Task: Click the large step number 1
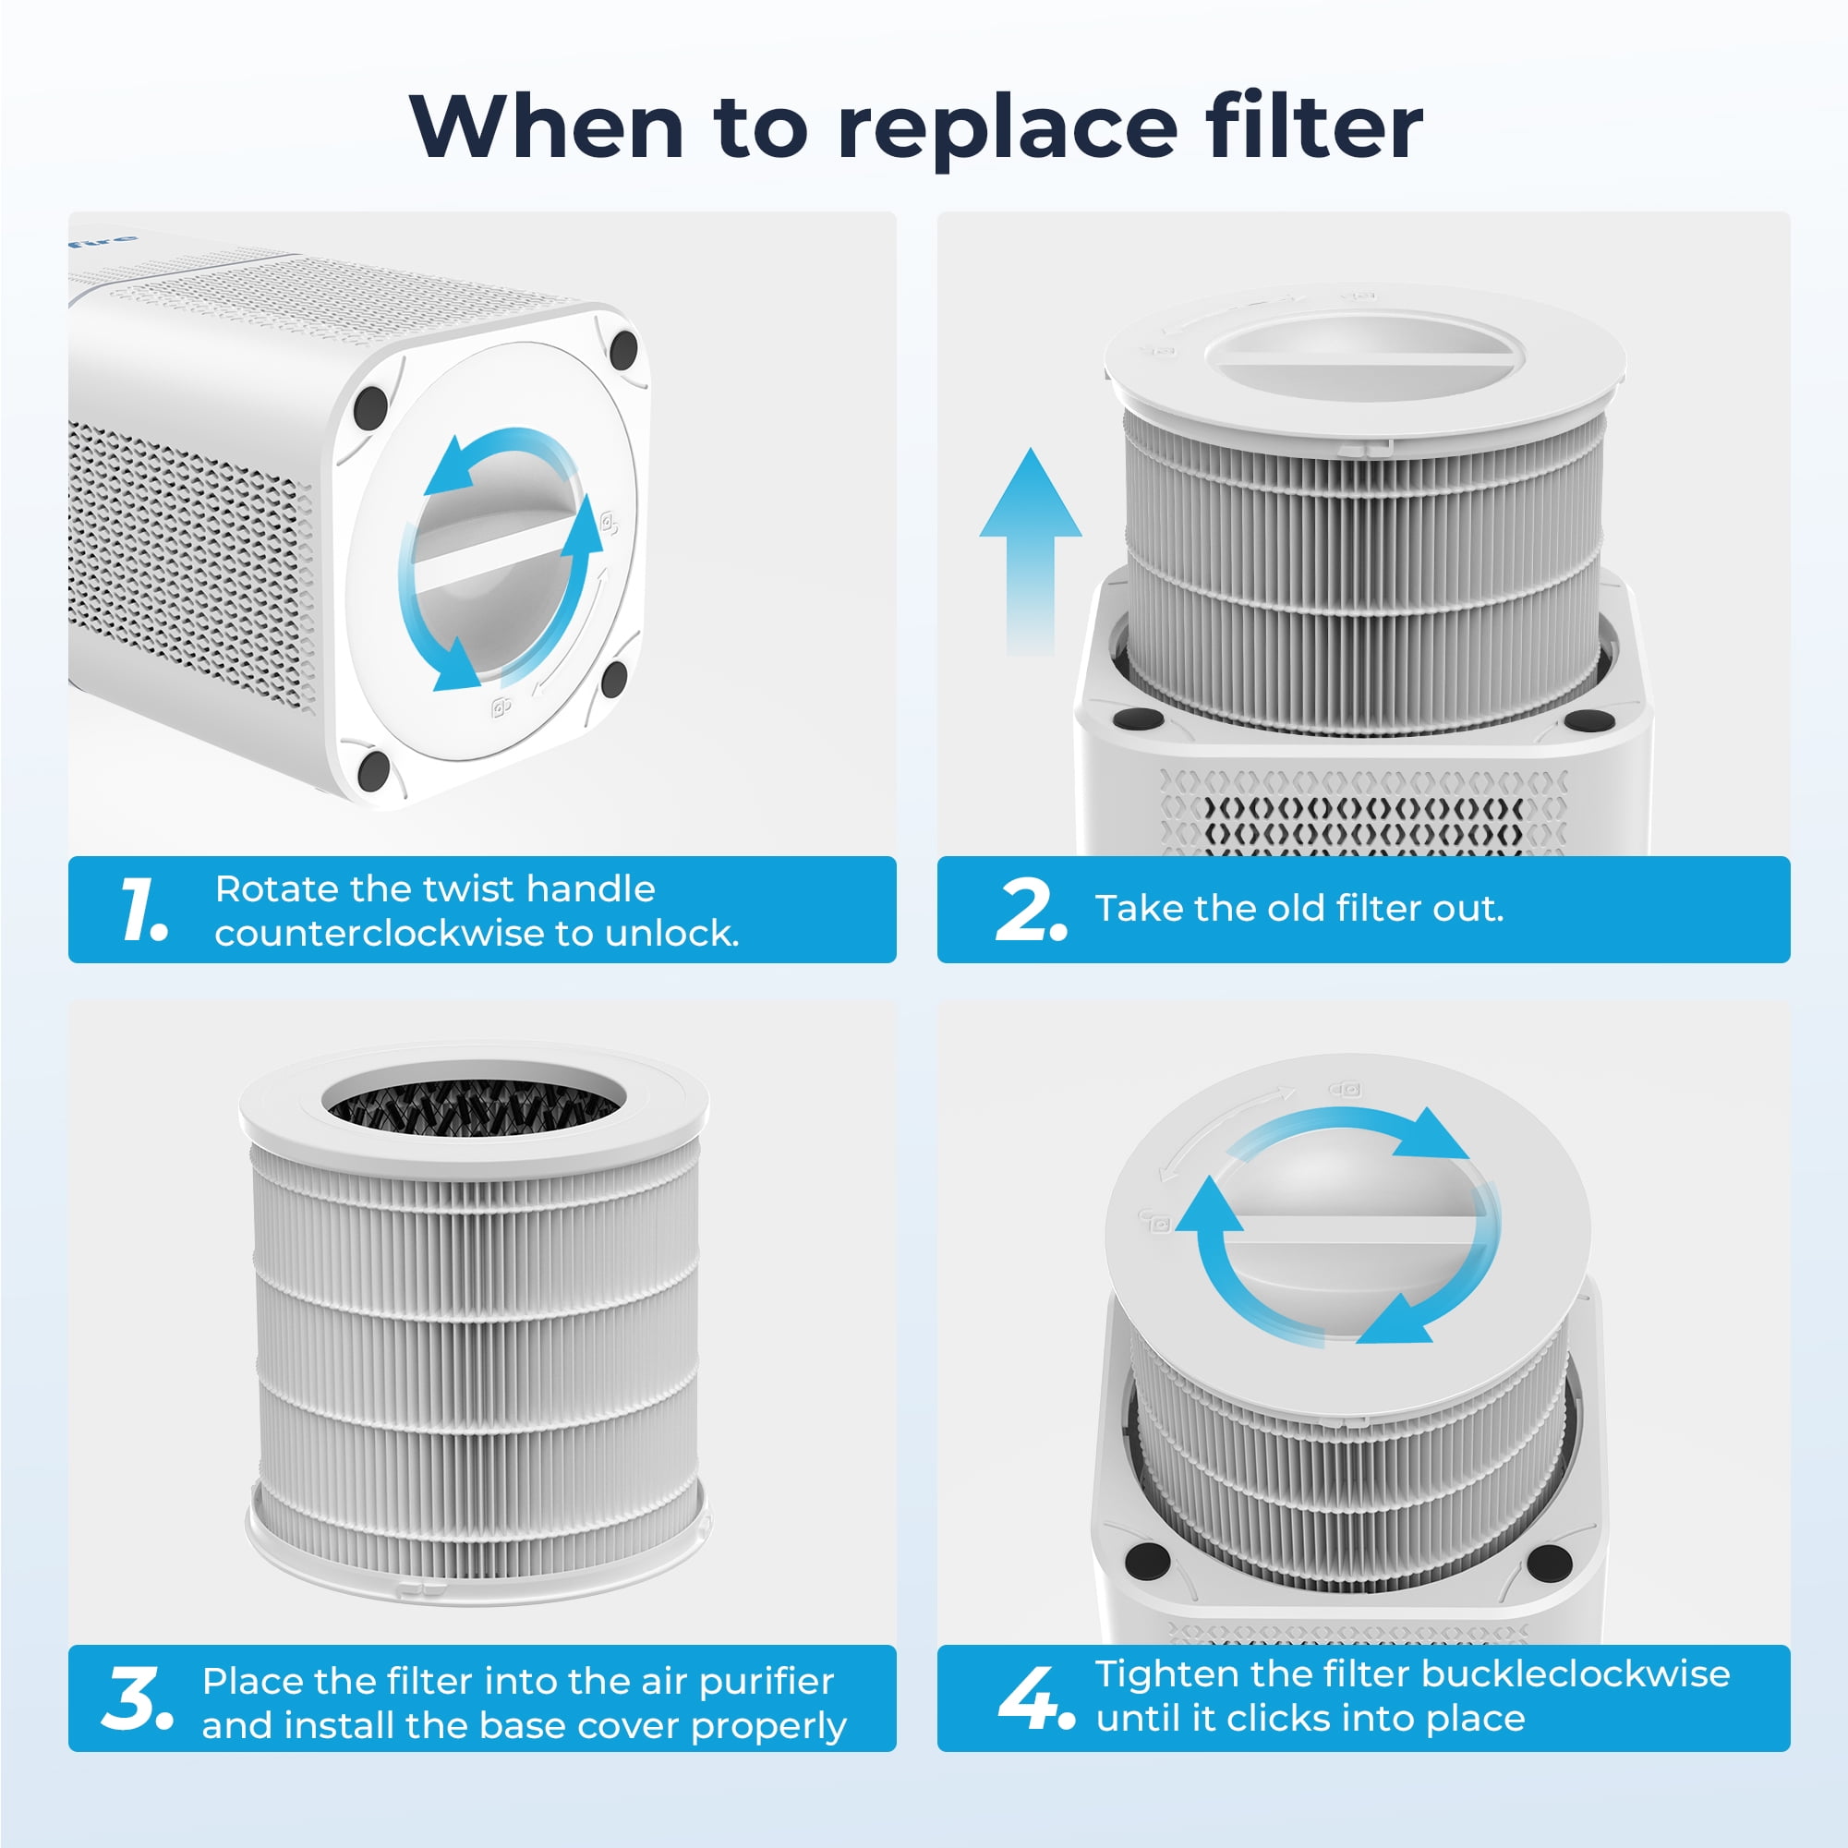[144, 909]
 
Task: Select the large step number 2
[1030, 910]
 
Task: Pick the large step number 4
[1036, 1697]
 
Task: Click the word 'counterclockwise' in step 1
[379, 934]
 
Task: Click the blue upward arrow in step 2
[1030, 552]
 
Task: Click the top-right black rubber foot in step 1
[622, 350]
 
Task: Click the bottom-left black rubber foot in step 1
[373, 770]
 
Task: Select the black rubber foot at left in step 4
[1148, 1560]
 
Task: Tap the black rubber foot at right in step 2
[1588, 719]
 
